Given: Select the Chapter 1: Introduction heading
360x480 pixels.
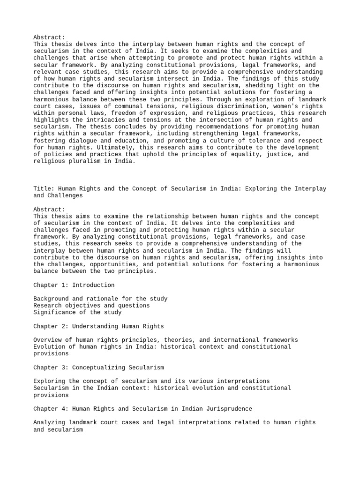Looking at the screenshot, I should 74,285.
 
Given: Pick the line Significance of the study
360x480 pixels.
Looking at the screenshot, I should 77,312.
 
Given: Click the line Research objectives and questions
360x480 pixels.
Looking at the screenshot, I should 92,306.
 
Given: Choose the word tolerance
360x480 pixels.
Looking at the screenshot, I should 247,140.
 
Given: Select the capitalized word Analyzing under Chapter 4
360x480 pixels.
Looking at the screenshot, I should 50,422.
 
